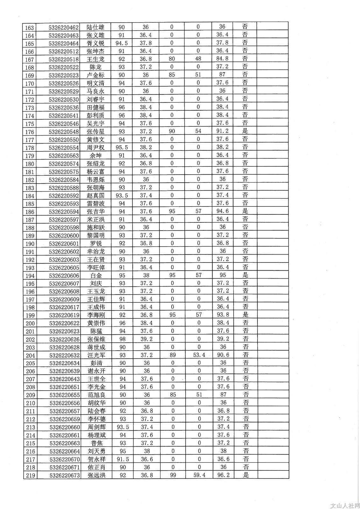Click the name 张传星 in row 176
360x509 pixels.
coord(95,131)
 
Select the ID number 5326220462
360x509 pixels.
coord(64,27)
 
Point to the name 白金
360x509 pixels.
coord(96,275)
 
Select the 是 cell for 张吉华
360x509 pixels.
coord(245,211)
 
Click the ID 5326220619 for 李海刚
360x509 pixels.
coord(64,315)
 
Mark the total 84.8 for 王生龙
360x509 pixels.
coord(222,59)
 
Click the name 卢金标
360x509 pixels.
coord(95,75)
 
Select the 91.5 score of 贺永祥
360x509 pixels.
coord(123,459)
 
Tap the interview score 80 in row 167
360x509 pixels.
coord(172,59)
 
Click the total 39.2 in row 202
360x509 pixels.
coord(223,339)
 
